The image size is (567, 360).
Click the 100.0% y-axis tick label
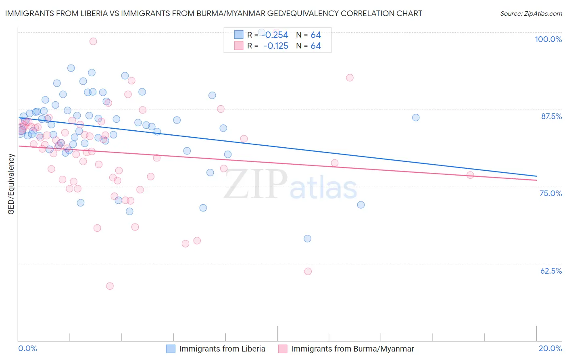point(548,39)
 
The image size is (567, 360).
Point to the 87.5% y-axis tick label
point(551,116)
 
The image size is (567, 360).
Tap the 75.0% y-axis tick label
point(550,193)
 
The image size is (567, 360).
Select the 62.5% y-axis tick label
point(551,271)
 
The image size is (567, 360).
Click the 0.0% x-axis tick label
point(27,348)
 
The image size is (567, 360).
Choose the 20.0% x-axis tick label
point(550,348)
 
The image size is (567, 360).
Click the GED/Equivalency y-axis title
point(11,184)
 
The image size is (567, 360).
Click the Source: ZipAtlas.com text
point(531,13)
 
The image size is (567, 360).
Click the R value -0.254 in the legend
point(275,35)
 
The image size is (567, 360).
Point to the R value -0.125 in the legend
point(275,46)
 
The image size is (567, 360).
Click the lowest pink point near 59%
point(110,286)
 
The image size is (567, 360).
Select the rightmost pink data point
point(470,175)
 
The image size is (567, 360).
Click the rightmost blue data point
point(416,117)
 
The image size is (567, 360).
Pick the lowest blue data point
point(307,239)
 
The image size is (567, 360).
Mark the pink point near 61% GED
point(308,272)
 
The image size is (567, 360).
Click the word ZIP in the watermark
point(256,184)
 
